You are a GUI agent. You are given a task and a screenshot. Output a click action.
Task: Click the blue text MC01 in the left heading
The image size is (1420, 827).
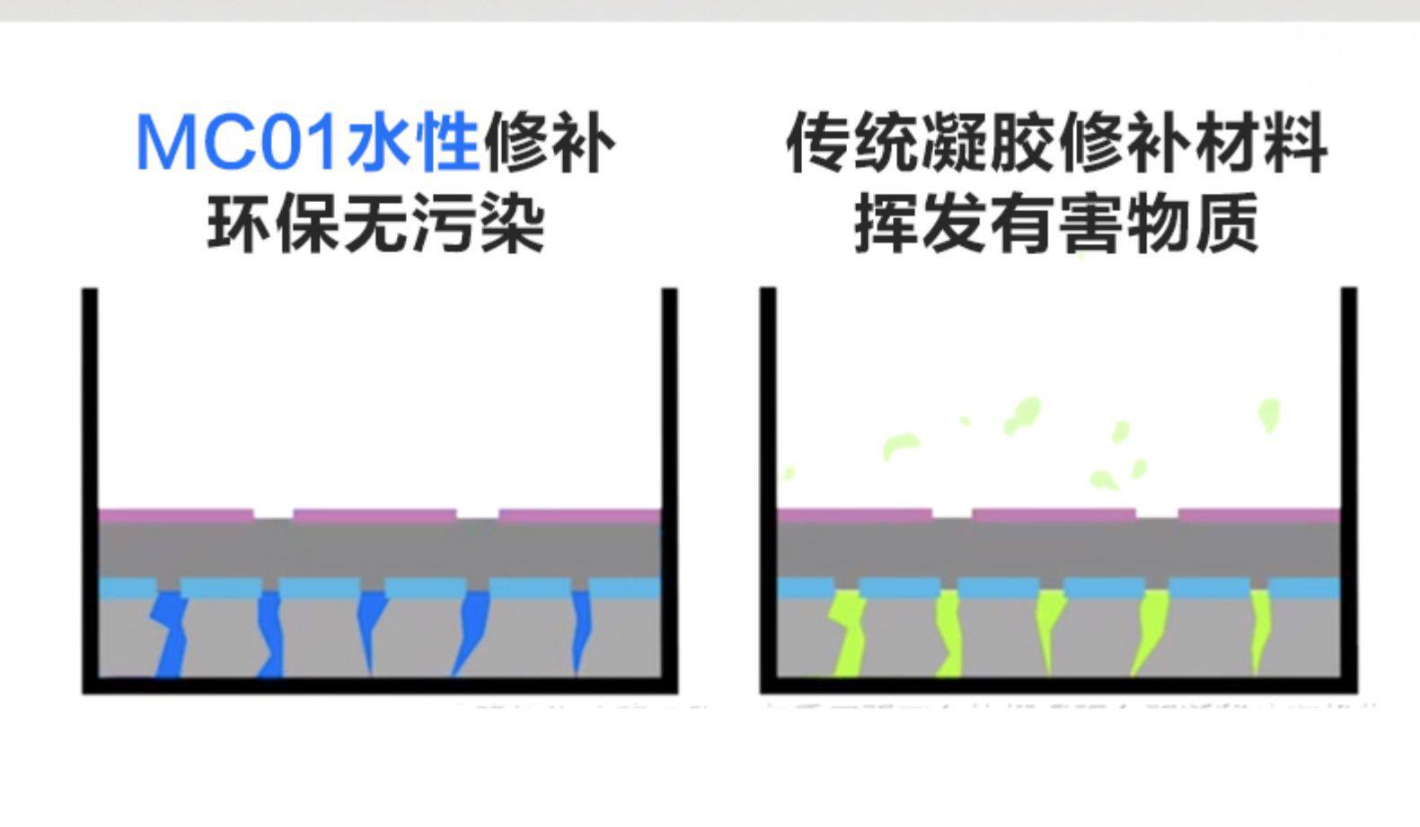(x=238, y=144)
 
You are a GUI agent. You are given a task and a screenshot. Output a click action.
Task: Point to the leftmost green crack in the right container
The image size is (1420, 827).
(x=848, y=633)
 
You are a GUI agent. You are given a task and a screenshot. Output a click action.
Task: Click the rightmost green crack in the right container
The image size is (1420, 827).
(x=1259, y=629)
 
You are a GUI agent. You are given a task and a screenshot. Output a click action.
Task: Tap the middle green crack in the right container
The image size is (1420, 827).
(x=1046, y=629)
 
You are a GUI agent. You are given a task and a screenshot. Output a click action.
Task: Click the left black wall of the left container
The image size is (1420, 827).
(x=90, y=485)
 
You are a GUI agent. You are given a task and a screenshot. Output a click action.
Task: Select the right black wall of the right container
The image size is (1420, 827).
(x=1348, y=485)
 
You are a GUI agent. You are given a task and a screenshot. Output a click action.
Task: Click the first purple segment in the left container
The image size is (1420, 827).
(x=175, y=515)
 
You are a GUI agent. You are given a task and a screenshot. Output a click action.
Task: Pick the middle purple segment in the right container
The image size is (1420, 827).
(x=1054, y=515)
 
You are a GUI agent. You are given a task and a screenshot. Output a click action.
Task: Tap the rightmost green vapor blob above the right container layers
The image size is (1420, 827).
(x=1268, y=414)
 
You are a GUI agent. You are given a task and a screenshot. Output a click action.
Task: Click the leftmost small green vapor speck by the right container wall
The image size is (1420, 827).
(x=789, y=472)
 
